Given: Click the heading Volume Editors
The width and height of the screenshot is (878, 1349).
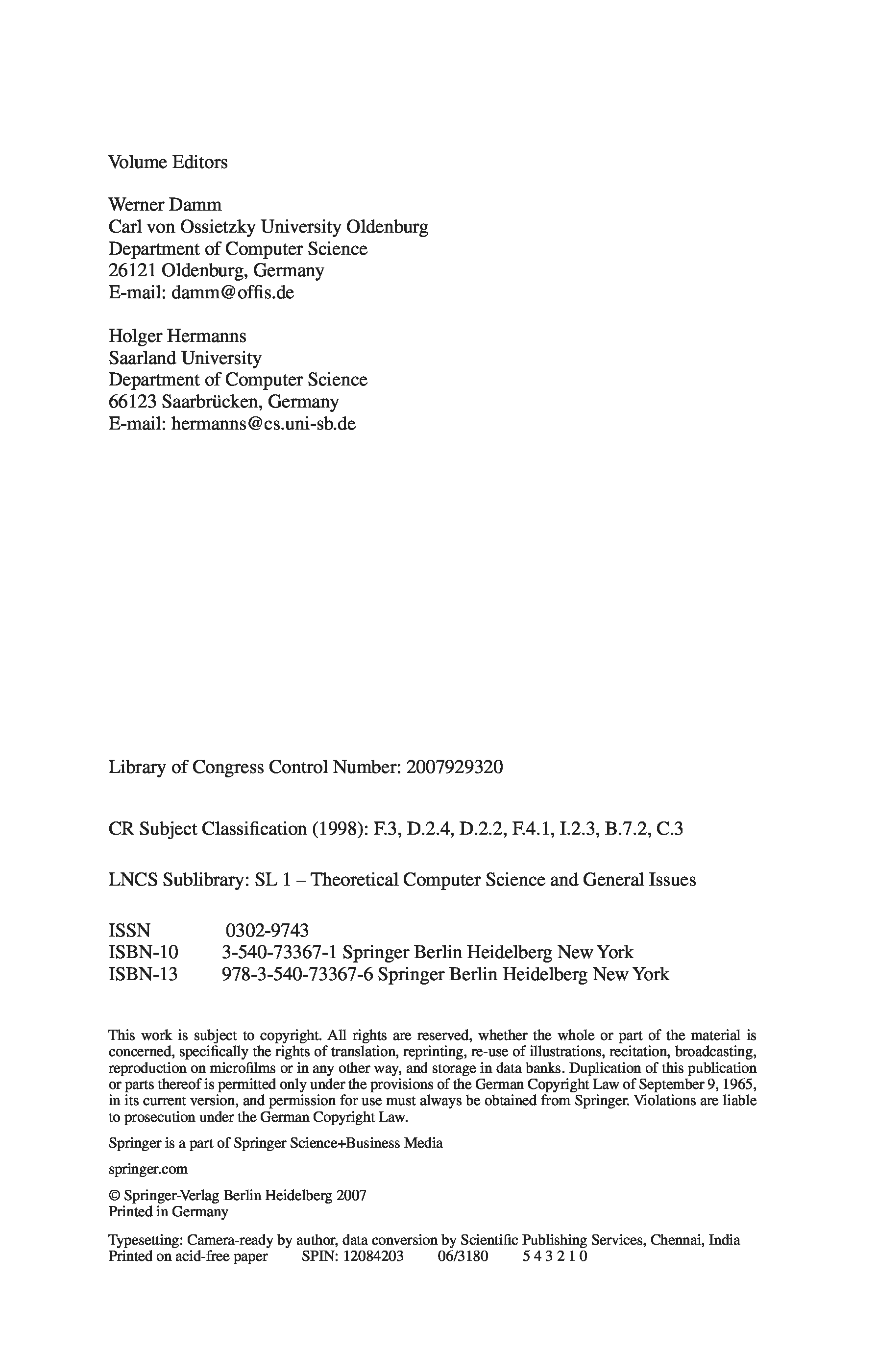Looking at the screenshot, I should [168, 162].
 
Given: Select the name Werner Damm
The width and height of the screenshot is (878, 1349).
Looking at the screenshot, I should [165, 205].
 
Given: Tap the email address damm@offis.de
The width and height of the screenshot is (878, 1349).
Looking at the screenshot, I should [232, 292].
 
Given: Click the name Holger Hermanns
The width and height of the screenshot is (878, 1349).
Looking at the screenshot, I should [177, 336].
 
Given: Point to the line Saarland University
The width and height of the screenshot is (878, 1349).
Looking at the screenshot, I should [185, 358].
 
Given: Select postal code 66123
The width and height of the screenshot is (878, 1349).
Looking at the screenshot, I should [132, 401].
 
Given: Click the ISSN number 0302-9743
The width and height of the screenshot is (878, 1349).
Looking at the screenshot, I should [267, 930].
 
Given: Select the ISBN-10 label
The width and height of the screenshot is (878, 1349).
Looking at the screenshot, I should [144, 952].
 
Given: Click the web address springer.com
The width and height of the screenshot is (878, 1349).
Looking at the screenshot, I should [148, 1168].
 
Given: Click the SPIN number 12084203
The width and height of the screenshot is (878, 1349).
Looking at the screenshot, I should [373, 1256].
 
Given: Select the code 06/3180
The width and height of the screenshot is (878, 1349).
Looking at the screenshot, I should [463, 1256].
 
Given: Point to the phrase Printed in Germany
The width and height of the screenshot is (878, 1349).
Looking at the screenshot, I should [169, 1212].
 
